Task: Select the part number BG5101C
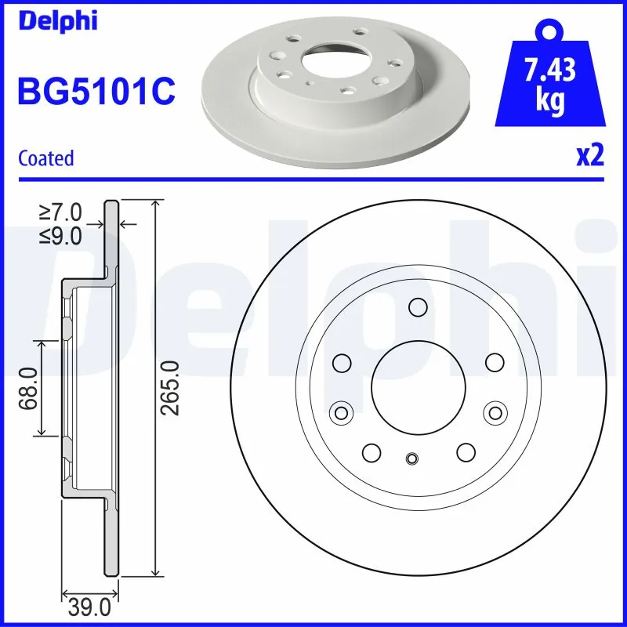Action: pyautogui.click(x=96, y=92)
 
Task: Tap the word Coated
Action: pyautogui.click(x=45, y=158)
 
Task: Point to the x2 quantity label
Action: pyautogui.click(x=589, y=157)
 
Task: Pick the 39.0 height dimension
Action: pyautogui.click(x=89, y=607)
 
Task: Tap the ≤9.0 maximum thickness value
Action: pyautogui.click(x=60, y=235)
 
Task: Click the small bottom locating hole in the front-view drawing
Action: pyautogui.click(x=413, y=459)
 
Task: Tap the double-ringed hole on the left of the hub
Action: pyautogui.click(x=341, y=411)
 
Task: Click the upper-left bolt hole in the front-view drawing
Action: pyautogui.click(x=341, y=362)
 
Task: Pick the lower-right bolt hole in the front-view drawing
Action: pyautogui.click(x=466, y=451)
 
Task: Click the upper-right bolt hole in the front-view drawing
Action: pyautogui.click(x=494, y=362)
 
